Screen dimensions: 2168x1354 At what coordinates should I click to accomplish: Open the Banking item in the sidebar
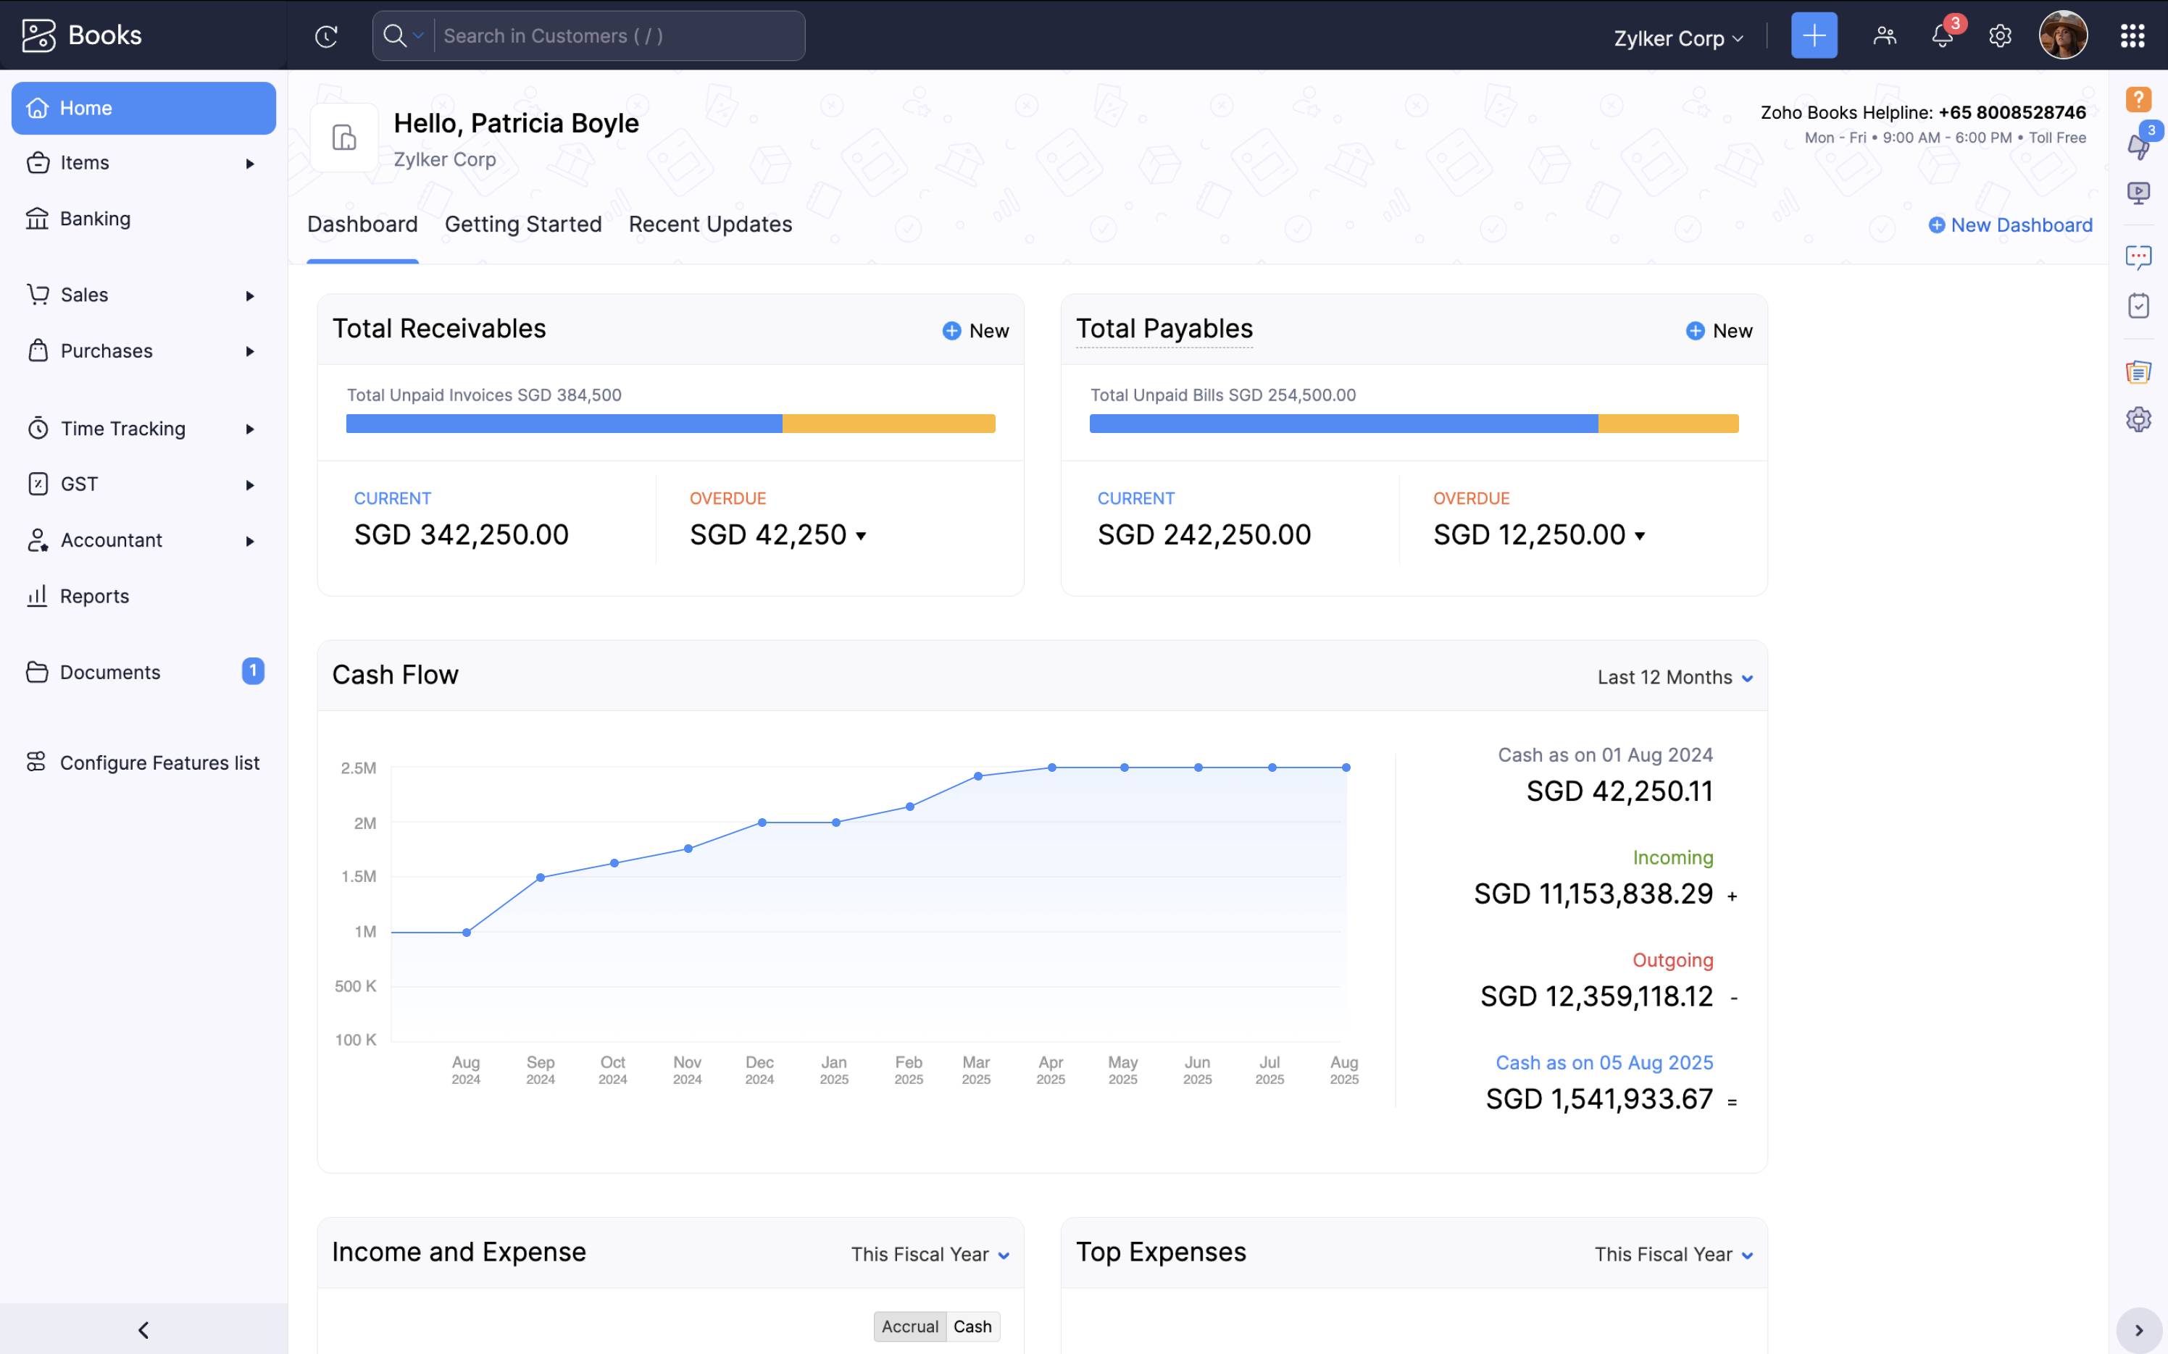point(94,219)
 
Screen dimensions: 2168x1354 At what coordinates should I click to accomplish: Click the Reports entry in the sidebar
point(93,597)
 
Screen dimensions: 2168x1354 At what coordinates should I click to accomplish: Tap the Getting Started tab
point(523,224)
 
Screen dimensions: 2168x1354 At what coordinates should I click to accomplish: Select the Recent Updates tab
point(710,224)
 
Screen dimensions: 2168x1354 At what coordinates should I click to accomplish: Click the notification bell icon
point(1941,35)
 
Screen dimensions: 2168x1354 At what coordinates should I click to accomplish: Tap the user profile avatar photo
point(2062,35)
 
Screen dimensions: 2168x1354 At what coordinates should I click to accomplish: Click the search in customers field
point(618,35)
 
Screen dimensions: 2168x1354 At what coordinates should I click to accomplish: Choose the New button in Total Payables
point(1719,330)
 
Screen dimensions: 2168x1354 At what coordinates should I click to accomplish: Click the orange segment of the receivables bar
point(888,424)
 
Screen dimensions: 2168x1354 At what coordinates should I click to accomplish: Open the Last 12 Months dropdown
point(1675,677)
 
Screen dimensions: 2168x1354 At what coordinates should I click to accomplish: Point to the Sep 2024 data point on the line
point(541,878)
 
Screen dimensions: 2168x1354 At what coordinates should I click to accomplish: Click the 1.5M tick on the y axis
point(359,877)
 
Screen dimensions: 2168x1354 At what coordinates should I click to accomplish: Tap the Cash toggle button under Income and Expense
point(972,1326)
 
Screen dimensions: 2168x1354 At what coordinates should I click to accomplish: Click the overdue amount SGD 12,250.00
point(1528,534)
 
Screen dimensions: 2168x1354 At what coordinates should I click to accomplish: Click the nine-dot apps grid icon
point(2132,35)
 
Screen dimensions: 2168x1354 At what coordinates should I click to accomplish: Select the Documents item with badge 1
point(110,673)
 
